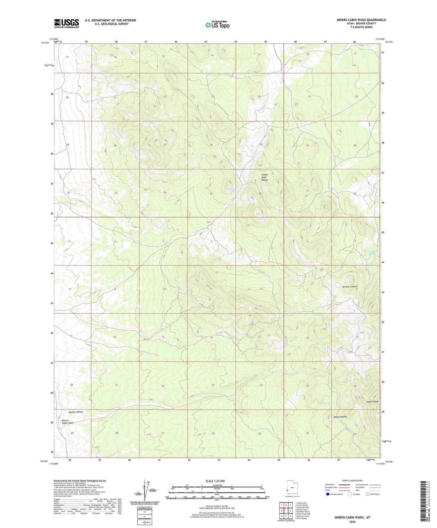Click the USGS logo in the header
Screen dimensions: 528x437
point(67,23)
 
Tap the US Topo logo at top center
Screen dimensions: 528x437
point(217,25)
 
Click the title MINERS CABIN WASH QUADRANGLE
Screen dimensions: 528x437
point(361,20)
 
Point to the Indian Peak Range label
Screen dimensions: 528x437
point(265,178)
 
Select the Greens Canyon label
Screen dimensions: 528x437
point(350,287)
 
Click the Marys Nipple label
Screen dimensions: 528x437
point(340,417)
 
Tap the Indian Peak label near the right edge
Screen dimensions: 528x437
point(372,402)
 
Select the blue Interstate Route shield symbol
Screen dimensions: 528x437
point(328,494)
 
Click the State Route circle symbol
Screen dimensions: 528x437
point(368,494)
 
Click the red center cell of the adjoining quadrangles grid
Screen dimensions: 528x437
point(286,511)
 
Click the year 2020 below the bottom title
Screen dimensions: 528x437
point(352,522)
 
